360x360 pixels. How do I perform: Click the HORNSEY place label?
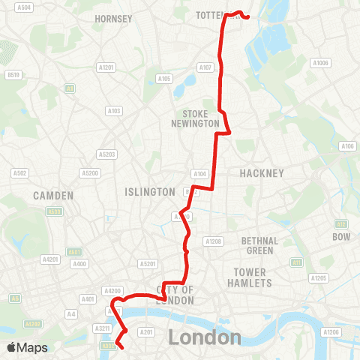113,18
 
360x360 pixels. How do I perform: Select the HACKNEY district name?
262,173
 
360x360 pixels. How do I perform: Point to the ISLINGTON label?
151,192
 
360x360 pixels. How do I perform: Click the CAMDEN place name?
53,195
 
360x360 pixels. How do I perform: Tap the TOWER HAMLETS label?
252,277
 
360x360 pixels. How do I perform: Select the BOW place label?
341,237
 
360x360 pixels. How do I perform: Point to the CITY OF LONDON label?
175,295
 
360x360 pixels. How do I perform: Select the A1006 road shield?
321,63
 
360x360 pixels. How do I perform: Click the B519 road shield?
13,74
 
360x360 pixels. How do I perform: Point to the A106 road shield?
347,146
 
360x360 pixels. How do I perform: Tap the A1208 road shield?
214,241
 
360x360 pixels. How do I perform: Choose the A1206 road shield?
333,331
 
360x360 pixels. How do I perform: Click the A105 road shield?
164,78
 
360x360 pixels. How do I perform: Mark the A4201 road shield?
50,259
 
